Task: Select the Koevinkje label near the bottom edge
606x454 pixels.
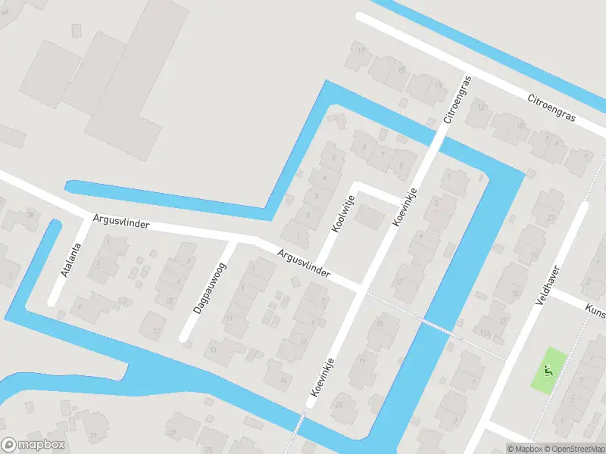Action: point(323,376)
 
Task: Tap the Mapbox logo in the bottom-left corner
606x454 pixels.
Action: point(34,445)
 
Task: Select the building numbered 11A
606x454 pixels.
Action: point(486,332)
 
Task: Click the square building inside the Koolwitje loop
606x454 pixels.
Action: point(370,218)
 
